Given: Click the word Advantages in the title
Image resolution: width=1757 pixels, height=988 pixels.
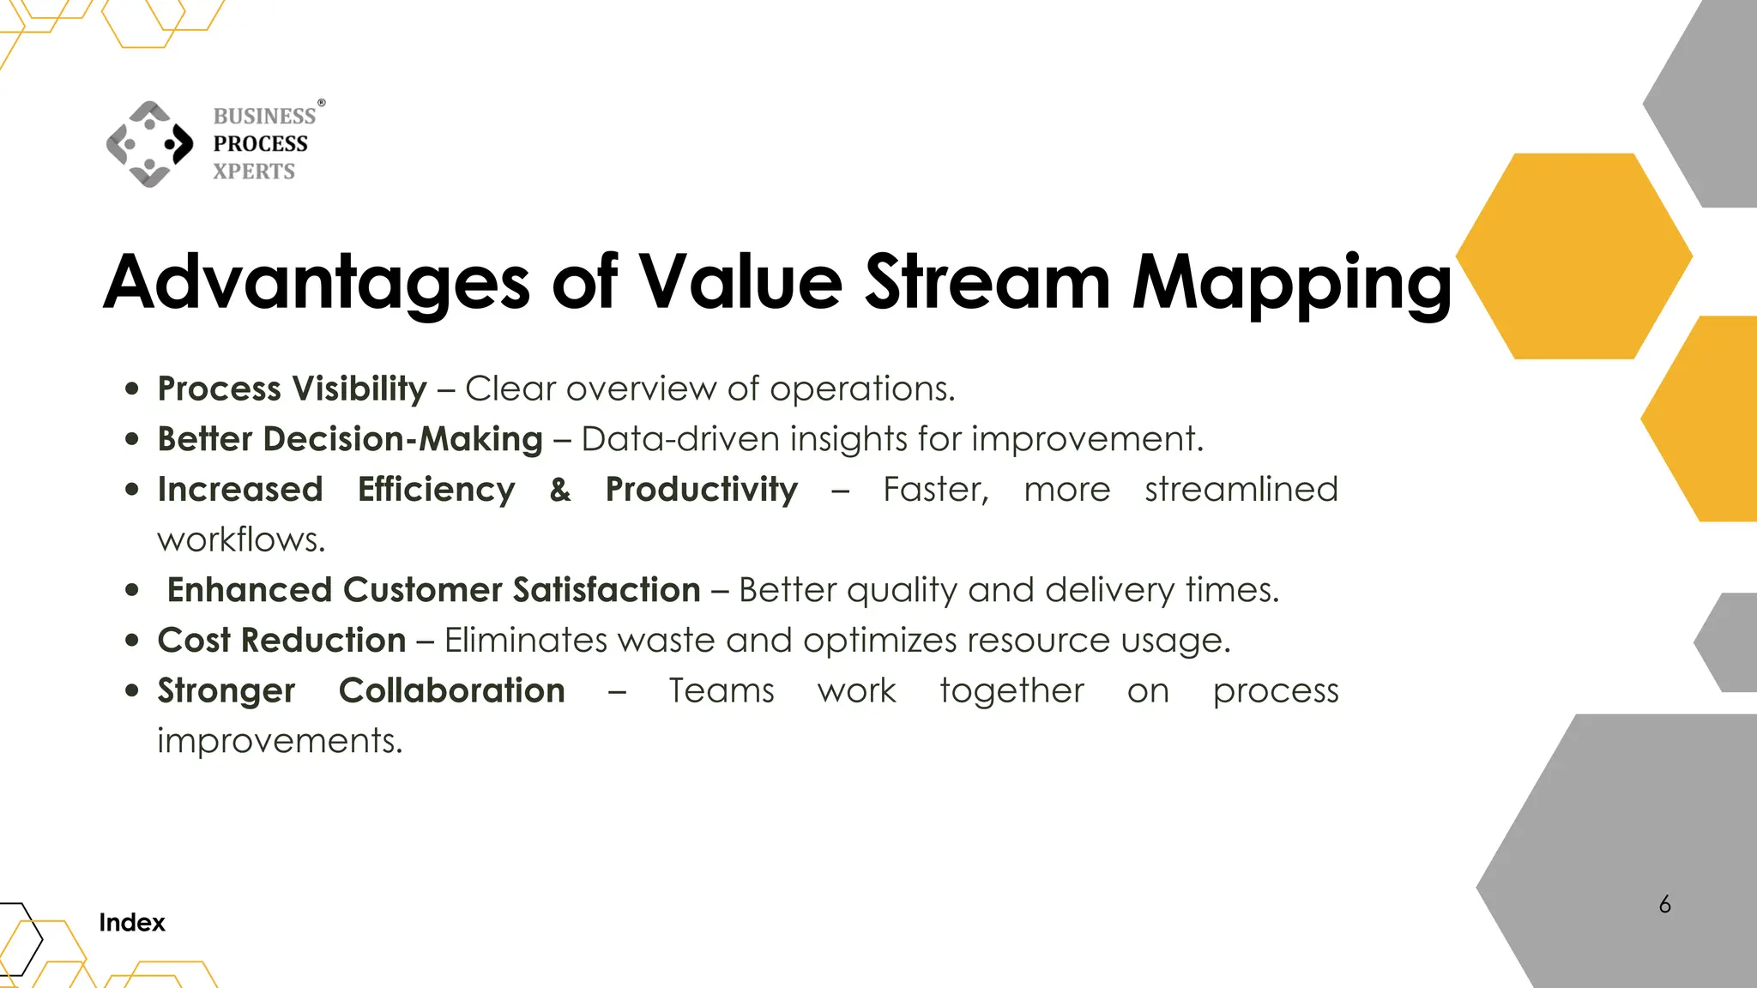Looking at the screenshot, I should pos(317,282).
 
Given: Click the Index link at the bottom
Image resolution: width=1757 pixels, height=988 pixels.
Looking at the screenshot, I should pos(131,923).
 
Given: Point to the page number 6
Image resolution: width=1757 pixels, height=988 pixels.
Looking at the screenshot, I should pos(1664,905).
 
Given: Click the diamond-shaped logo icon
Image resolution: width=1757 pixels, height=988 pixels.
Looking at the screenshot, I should pos(150,144).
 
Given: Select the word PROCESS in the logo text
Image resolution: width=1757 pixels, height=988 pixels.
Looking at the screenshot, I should pos(260,144).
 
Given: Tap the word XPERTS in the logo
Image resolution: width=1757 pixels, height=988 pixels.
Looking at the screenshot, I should pos(254,172).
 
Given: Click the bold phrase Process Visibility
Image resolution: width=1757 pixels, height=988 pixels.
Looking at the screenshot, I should pos(292,389).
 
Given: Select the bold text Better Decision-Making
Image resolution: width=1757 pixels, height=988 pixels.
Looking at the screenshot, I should pos(350,439).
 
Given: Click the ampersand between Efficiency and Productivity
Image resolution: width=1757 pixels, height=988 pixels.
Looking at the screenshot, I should pos(560,490).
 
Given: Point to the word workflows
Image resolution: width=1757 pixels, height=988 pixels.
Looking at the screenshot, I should pos(241,540).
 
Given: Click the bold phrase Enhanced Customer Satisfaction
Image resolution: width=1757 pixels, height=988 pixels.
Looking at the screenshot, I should pos(433,590).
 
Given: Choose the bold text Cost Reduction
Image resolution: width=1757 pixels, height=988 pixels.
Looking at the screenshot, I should pos(281,641).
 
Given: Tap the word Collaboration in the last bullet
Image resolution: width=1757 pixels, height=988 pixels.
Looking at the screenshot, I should pos(451,691).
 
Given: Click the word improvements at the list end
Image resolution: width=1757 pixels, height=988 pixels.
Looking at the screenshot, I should pos(279,741).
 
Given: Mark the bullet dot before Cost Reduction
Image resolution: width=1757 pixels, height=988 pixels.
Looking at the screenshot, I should pos(131,640).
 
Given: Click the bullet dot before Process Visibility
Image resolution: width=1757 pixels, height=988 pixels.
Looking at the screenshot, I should pos(131,389).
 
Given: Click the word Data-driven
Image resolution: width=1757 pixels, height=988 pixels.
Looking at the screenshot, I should pos(679,439).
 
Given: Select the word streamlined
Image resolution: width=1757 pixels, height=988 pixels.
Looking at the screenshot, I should pos(1241,490).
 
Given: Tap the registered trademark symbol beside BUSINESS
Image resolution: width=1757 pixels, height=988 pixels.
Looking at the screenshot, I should pos(322,103).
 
